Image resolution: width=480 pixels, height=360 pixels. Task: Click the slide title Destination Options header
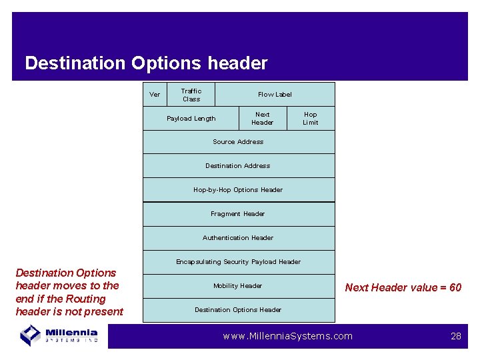pyautogui.click(x=146, y=63)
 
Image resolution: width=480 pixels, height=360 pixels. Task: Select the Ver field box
pyautogui.click(x=155, y=95)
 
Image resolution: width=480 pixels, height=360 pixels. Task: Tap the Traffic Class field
pyautogui.click(x=191, y=95)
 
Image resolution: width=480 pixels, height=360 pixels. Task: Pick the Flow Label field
pyautogui.click(x=275, y=95)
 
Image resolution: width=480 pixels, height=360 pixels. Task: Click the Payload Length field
pyautogui.click(x=191, y=119)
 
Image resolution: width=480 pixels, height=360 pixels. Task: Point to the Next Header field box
pyautogui.click(x=263, y=119)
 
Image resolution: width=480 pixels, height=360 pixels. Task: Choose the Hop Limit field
pyautogui.click(x=311, y=119)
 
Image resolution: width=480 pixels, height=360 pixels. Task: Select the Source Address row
pyautogui.click(x=238, y=142)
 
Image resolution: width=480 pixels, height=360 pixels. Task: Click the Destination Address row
pyautogui.click(x=238, y=166)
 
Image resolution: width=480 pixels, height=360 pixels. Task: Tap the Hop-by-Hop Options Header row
pyautogui.click(x=238, y=190)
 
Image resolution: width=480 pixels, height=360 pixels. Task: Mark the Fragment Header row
pyautogui.click(x=238, y=214)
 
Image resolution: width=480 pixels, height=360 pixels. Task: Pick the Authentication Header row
pyautogui.click(x=238, y=238)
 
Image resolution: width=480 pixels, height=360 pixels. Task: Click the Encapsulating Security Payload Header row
pyautogui.click(x=238, y=262)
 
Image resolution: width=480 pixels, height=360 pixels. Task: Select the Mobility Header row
pyautogui.click(x=238, y=286)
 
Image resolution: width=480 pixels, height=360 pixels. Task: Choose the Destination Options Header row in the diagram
pyautogui.click(x=238, y=310)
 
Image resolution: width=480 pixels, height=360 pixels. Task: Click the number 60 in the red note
pyautogui.click(x=455, y=288)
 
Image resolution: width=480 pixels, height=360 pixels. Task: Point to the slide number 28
pyautogui.click(x=456, y=336)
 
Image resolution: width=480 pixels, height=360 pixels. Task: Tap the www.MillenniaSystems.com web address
pyautogui.click(x=288, y=336)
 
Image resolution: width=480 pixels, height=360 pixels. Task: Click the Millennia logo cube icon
pyautogui.click(x=31, y=334)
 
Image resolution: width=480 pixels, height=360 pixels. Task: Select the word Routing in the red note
pyautogui.click(x=85, y=299)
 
